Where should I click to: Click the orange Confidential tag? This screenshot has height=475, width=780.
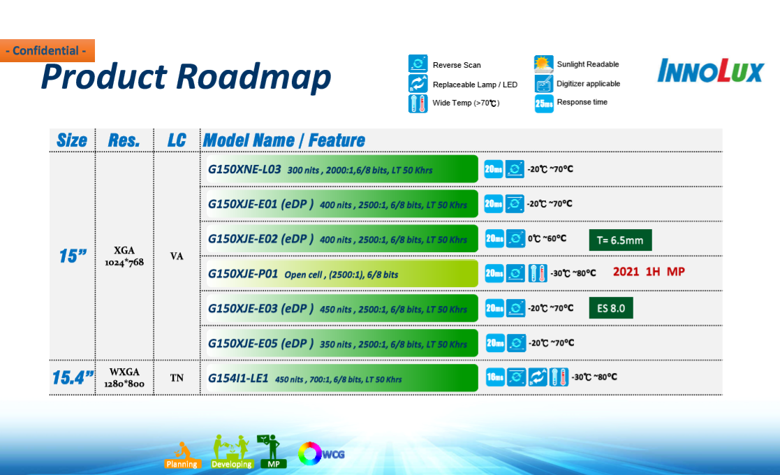point(47,51)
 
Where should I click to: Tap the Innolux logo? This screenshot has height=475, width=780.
point(710,71)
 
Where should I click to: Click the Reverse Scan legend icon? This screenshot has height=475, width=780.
point(418,64)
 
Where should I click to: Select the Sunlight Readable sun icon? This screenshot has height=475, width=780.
point(544,64)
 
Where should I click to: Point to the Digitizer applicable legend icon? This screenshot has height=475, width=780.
point(544,83)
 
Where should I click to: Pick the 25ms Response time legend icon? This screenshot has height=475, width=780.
point(544,103)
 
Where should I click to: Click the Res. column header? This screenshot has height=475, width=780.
point(124,140)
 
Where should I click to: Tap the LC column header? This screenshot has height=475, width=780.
point(177,140)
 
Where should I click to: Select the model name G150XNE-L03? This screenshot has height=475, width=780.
point(244,169)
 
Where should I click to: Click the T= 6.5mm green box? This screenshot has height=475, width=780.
point(620,240)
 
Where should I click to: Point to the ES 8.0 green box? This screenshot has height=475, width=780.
point(611,308)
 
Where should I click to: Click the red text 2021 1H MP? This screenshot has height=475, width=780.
point(649,272)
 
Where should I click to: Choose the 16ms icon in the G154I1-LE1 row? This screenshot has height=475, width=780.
point(495,377)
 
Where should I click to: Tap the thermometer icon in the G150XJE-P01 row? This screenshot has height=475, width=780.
point(537,273)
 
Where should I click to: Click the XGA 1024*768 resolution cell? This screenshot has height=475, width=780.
point(124,256)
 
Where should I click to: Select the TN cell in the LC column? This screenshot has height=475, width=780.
point(177,378)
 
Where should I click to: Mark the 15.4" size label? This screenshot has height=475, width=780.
point(73,378)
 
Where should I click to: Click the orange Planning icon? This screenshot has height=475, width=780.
point(182,455)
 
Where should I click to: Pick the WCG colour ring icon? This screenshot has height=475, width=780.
point(309,453)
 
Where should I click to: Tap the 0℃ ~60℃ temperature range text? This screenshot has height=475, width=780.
point(547,239)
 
